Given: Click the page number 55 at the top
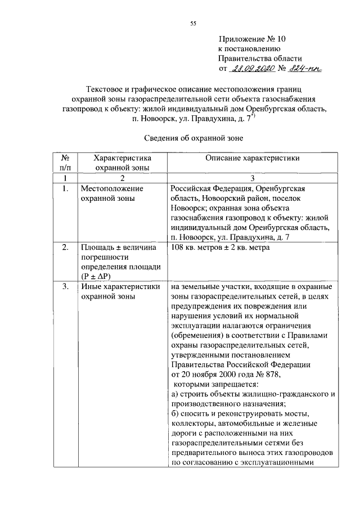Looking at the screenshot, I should point(192,23).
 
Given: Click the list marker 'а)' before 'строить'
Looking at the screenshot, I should point(174,394).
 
